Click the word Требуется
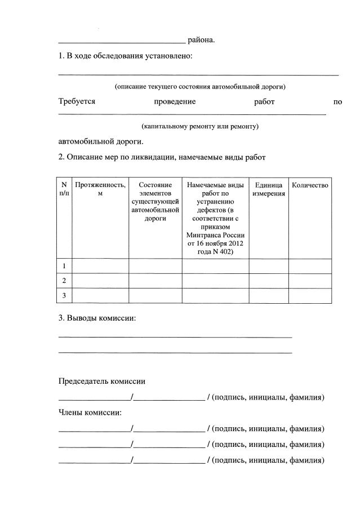pyautogui.click(x=77, y=102)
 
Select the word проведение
pyautogui.click(x=175, y=102)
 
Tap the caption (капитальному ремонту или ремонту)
pyautogui.click(x=200, y=127)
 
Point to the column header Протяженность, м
pyautogui.click(x=100, y=189)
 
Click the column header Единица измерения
pyautogui.click(x=269, y=189)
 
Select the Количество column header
pyautogui.click(x=310, y=185)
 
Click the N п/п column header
pyautogui.click(x=64, y=189)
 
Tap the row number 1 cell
pyautogui.click(x=64, y=266)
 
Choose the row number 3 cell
pyautogui.click(x=64, y=295)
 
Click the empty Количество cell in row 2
pyautogui.click(x=310, y=281)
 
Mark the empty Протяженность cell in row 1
pyautogui.click(x=101, y=266)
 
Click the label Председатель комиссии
pyautogui.click(x=102, y=382)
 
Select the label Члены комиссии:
pyautogui.click(x=90, y=413)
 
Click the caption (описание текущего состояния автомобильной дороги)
pyautogui.click(x=200, y=87)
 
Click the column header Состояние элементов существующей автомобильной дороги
pyautogui.click(x=155, y=201)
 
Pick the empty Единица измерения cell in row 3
pyautogui.click(x=269, y=295)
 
